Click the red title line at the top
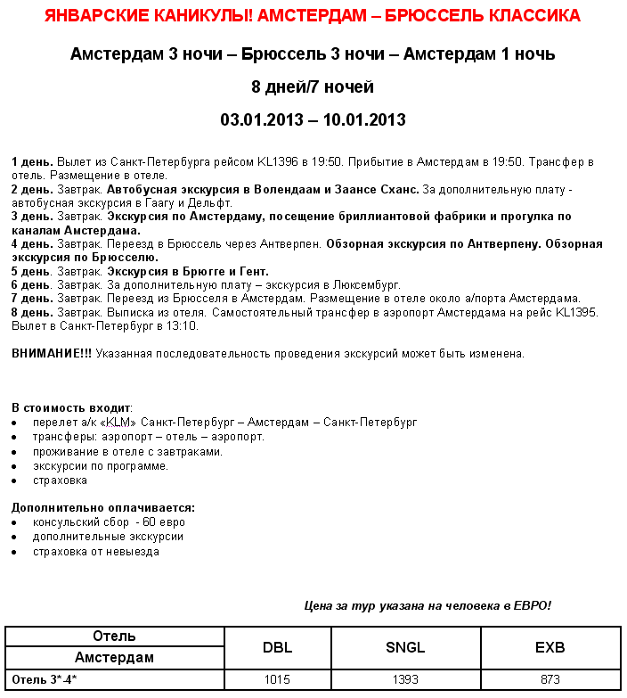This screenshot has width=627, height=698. (313, 16)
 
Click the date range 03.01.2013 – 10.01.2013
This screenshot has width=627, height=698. (313, 119)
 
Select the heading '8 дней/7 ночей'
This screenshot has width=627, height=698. (313, 87)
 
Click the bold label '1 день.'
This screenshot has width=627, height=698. (32, 162)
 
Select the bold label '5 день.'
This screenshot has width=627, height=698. (32, 271)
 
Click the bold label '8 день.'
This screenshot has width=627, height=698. (32, 312)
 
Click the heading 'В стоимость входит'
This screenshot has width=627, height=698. (71, 407)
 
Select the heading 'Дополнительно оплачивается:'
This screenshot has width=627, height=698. (102, 508)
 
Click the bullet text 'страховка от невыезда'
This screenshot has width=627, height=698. (96, 551)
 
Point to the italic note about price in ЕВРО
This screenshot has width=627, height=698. (427, 606)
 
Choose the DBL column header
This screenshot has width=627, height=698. (277, 647)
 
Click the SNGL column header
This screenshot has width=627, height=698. (405, 647)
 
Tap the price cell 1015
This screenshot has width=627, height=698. (277, 679)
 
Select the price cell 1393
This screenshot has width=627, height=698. (405, 679)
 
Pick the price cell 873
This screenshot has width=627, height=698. (550, 679)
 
